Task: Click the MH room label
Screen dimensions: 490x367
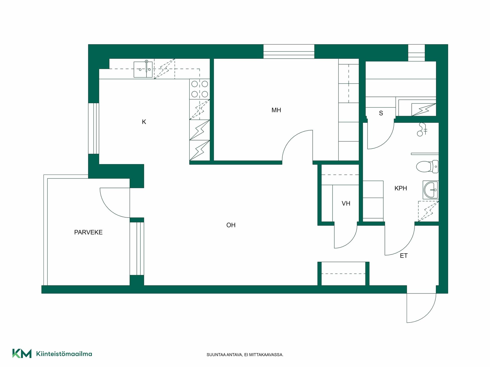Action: (276, 110)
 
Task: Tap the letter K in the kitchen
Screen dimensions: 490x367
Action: (144, 122)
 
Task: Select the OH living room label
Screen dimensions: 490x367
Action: (231, 225)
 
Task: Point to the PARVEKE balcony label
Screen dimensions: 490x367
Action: (88, 232)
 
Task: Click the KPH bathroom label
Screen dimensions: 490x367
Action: (401, 188)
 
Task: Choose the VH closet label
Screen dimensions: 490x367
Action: (346, 203)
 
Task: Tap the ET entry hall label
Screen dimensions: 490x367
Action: (404, 256)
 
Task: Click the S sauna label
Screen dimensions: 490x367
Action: (381, 113)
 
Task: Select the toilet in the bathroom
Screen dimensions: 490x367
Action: (427, 166)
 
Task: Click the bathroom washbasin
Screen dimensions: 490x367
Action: (431, 190)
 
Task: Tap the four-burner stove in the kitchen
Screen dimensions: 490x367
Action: (200, 89)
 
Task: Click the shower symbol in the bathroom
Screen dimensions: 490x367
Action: (422, 129)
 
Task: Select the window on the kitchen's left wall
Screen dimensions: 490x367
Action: (94, 128)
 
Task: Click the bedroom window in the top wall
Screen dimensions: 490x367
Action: (289, 51)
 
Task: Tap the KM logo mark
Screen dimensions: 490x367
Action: (22, 353)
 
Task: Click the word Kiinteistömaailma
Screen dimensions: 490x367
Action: (64, 354)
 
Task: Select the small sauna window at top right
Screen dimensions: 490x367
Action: (416, 53)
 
